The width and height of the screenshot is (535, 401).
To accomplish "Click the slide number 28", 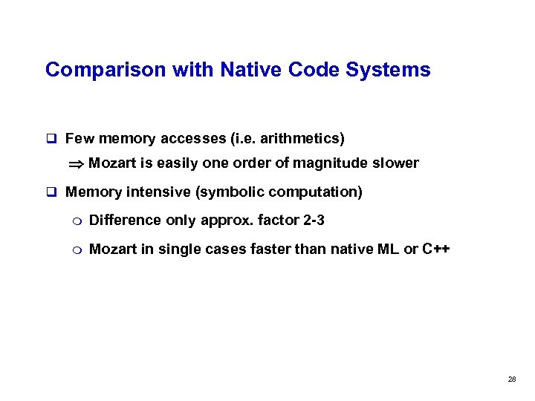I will [511, 379].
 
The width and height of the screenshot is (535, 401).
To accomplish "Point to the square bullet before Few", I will [51, 138].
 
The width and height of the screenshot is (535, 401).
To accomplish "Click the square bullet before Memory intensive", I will [51, 192].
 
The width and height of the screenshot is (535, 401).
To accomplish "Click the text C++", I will [435, 249].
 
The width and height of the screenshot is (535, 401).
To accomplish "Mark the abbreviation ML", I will [389, 249].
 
